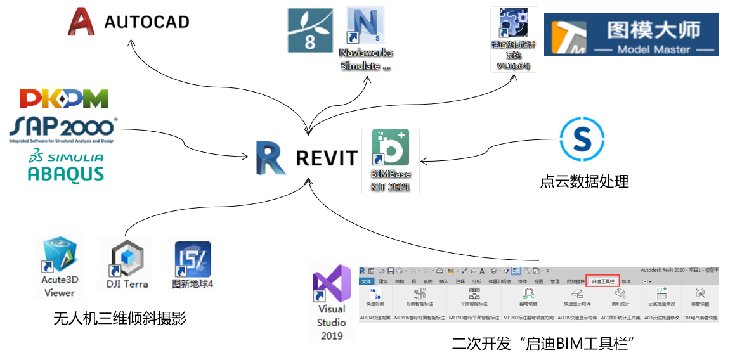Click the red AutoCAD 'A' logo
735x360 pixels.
[x=81, y=22]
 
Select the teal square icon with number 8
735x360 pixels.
[x=310, y=30]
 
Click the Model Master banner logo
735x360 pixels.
[x=631, y=34]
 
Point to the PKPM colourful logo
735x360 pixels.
[x=63, y=99]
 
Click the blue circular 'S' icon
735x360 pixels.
[x=582, y=139]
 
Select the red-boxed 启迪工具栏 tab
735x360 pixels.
[x=602, y=281]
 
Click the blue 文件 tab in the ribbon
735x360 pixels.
[x=367, y=281]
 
